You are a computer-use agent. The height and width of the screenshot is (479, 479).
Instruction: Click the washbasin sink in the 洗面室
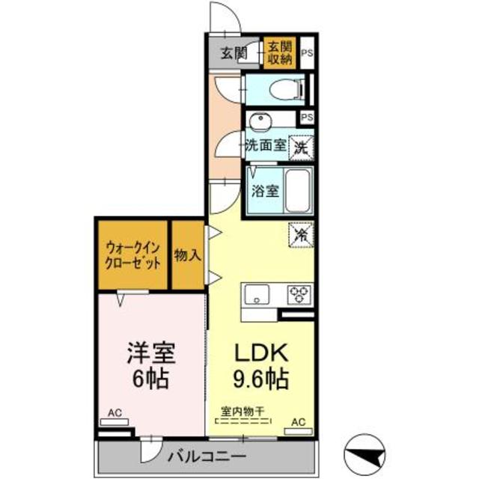tap(260, 121)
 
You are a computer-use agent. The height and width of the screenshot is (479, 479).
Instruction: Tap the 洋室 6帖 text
tap(146, 364)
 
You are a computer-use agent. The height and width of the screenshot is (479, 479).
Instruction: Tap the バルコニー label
tap(207, 456)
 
